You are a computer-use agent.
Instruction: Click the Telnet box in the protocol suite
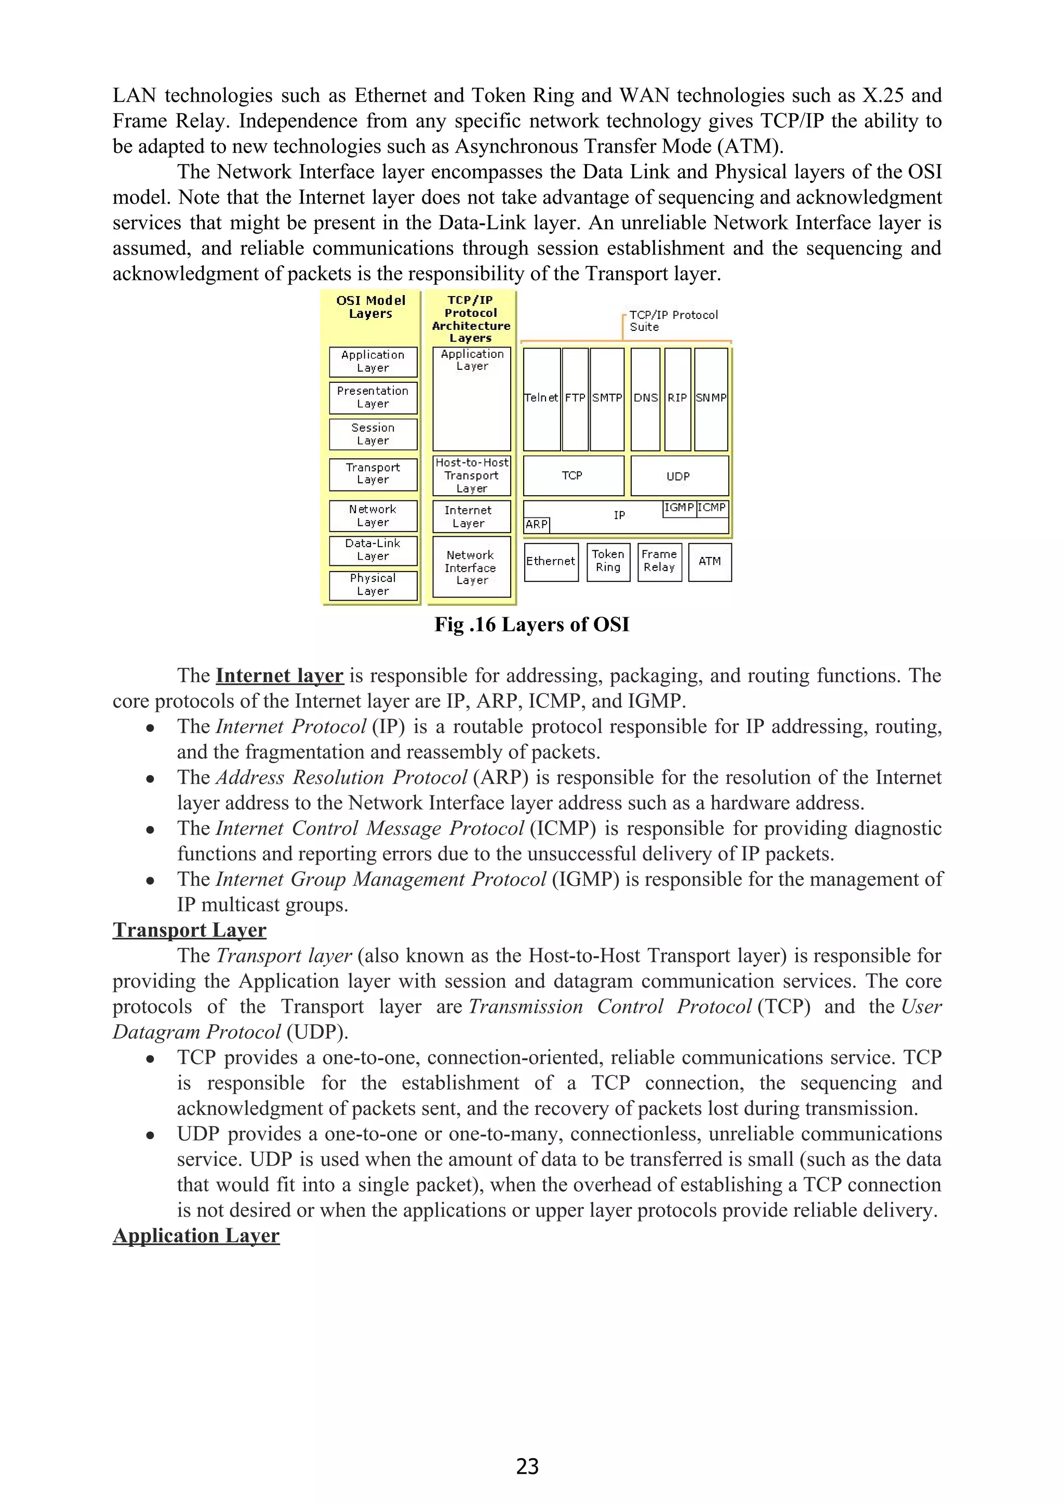(x=541, y=398)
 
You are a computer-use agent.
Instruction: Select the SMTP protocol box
(x=606, y=398)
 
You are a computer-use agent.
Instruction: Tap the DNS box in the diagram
(x=645, y=398)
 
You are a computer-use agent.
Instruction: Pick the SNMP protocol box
(x=711, y=398)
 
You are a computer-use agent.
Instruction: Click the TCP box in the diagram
(x=573, y=476)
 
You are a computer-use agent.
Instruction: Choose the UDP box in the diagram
(x=679, y=476)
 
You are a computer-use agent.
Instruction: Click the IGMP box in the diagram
(x=679, y=508)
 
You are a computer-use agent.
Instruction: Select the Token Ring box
(x=608, y=562)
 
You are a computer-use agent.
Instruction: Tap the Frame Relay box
(x=659, y=562)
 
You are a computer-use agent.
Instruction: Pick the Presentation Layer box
(x=373, y=398)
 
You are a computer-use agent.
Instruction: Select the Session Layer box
(x=373, y=434)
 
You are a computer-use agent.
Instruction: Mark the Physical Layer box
(x=373, y=585)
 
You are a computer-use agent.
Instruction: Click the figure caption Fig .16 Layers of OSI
(x=531, y=624)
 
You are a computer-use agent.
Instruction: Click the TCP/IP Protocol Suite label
(x=673, y=321)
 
